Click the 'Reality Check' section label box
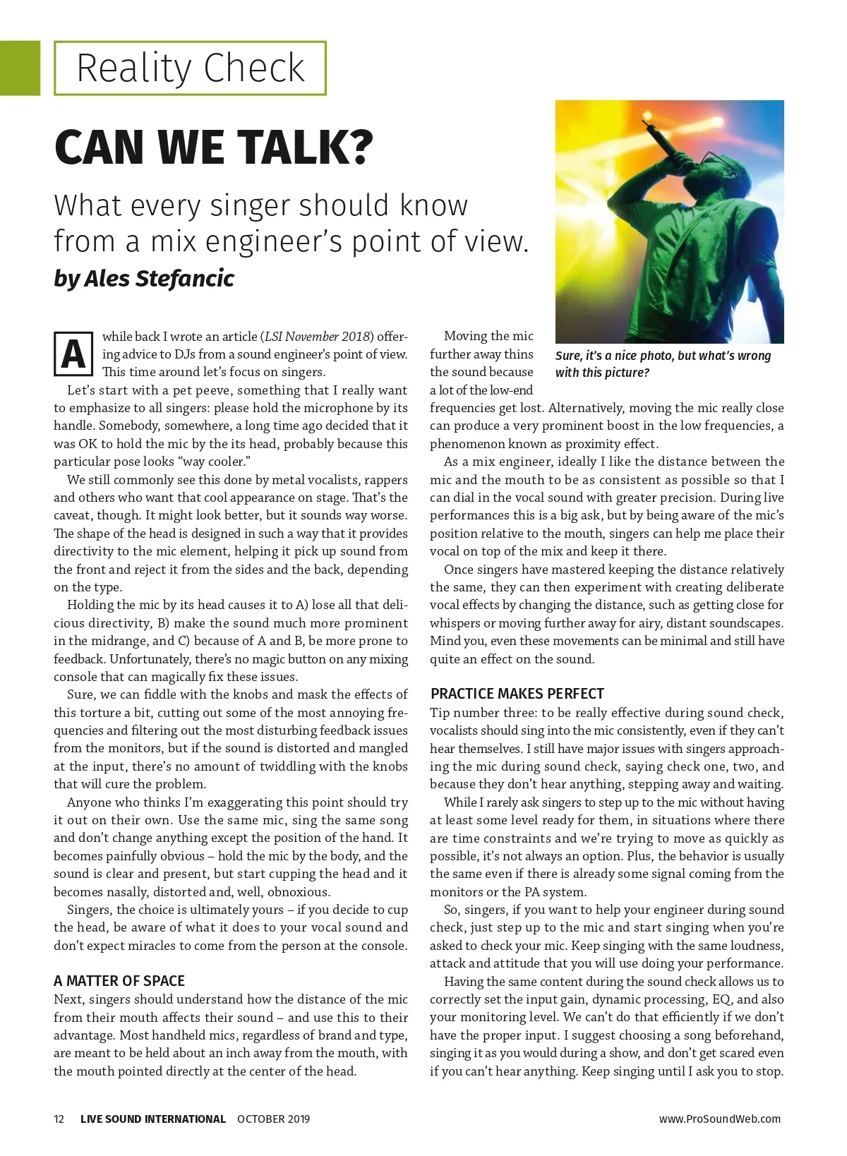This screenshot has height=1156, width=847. click(190, 68)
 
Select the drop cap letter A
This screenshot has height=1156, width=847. click(73, 354)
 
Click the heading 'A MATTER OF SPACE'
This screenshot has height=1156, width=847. click(119, 981)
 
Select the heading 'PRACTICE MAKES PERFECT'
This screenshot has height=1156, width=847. click(517, 694)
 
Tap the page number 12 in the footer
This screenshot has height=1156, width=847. click(59, 1119)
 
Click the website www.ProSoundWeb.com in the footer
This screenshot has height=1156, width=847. click(719, 1119)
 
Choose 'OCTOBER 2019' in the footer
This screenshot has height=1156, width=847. click(273, 1119)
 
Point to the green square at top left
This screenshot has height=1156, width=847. click(20, 68)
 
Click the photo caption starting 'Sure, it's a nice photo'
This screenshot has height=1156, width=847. click(663, 364)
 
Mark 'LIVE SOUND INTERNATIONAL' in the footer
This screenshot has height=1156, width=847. click(153, 1119)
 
